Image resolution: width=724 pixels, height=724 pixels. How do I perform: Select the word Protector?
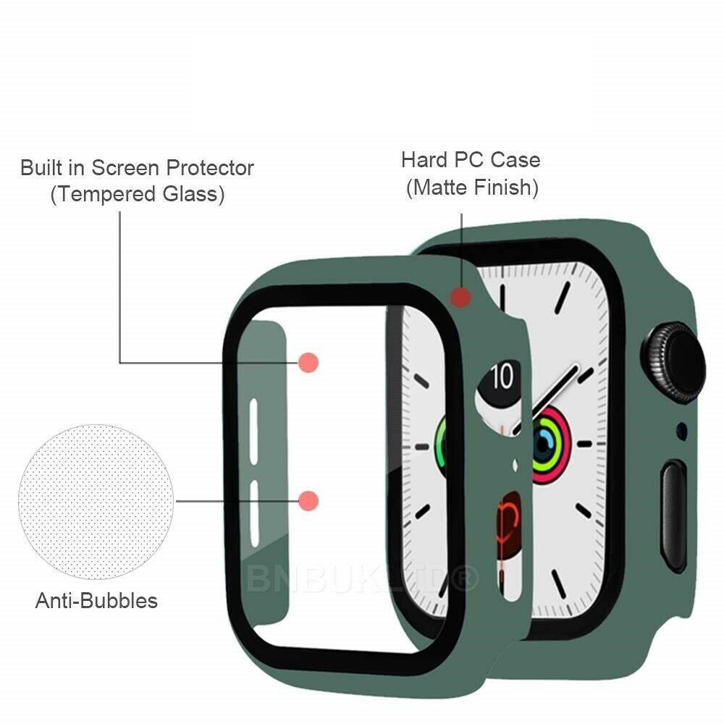point(210,168)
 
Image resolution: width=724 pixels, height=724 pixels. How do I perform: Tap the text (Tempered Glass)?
point(138,194)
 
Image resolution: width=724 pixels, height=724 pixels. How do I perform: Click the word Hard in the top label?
point(425,160)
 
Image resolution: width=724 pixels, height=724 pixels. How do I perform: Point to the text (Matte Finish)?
point(472,188)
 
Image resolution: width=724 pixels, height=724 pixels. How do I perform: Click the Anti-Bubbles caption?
point(96,601)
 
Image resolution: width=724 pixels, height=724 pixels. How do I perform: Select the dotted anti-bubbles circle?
point(96,502)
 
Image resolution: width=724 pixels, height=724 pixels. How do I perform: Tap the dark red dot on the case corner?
point(460,298)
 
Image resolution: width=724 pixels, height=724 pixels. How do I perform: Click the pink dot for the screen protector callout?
point(308,363)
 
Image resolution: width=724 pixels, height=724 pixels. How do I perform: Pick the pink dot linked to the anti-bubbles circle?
point(308,501)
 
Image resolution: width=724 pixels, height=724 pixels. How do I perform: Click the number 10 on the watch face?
point(502,376)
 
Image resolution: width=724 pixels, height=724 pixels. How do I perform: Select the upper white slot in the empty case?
point(253,432)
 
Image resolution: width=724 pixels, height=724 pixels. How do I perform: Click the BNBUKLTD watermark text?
point(363,578)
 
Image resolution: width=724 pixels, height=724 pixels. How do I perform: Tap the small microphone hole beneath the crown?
point(681,431)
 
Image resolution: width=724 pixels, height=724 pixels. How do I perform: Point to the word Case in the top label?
point(515,160)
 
